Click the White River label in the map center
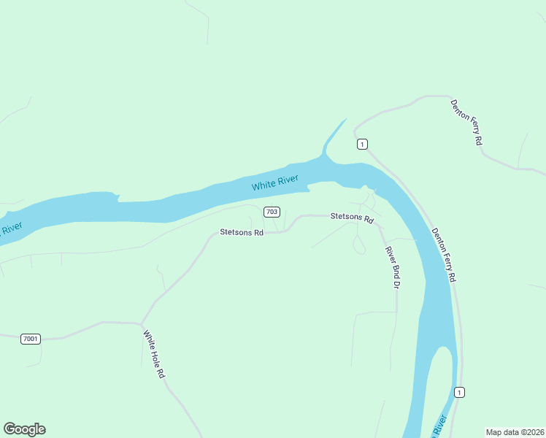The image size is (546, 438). point(275,182)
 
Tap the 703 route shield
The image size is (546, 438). point(272,212)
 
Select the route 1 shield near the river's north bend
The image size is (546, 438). point(362,144)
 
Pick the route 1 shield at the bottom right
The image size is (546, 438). point(458,392)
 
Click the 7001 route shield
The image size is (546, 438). point(31,339)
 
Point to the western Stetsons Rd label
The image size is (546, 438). point(241,233)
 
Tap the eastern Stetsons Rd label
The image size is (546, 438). point(352,218)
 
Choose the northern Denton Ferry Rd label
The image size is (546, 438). point(467,122)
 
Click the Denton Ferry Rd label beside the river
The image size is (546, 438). point(444,255)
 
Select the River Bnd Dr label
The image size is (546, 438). point(393,266)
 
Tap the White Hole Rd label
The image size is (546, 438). point(153,354)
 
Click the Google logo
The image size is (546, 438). point(25,429)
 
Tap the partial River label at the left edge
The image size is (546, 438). point(10,231)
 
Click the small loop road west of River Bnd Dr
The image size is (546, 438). point(358,246)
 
